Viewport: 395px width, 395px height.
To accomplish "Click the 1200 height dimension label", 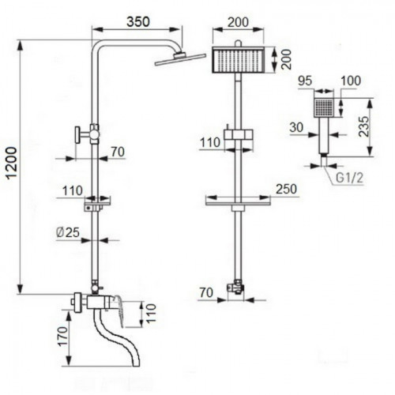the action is (x=12, y=163).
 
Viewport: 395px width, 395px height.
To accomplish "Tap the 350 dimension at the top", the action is (x=138, y=21).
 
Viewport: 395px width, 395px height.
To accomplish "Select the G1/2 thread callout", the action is (x=349, y=178).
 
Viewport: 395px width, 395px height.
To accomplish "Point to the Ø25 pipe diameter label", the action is (x=68, y=232).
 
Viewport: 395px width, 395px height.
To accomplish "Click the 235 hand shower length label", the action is (x=364, y=126).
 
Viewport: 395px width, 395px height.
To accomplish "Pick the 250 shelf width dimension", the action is (x=286, y=189).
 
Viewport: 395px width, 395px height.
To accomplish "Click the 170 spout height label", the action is (x=62, y=337).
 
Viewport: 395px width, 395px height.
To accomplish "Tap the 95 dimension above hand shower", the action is (x=305, y=81).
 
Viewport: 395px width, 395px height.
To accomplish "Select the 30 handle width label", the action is (x=296, y=128).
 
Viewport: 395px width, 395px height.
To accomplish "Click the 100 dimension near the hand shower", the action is (x=351, y=81).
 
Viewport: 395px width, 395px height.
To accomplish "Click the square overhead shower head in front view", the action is (x=238, y=60).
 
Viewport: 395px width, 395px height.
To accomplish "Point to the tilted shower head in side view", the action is (x=180, y=59).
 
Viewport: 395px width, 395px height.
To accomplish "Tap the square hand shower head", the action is (x=324, y=107).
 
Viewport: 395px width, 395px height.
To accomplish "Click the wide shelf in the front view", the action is (x=238, y=204).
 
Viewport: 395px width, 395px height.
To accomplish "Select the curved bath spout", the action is (x=116, y=340).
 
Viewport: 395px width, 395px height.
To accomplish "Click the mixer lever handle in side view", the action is (x=118, y=310).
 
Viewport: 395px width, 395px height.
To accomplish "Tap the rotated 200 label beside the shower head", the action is (x=286, y=59).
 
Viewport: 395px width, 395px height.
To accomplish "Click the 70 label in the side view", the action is (x=118, y=152).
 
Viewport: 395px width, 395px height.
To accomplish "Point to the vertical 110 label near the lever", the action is (x=151, y=313).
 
